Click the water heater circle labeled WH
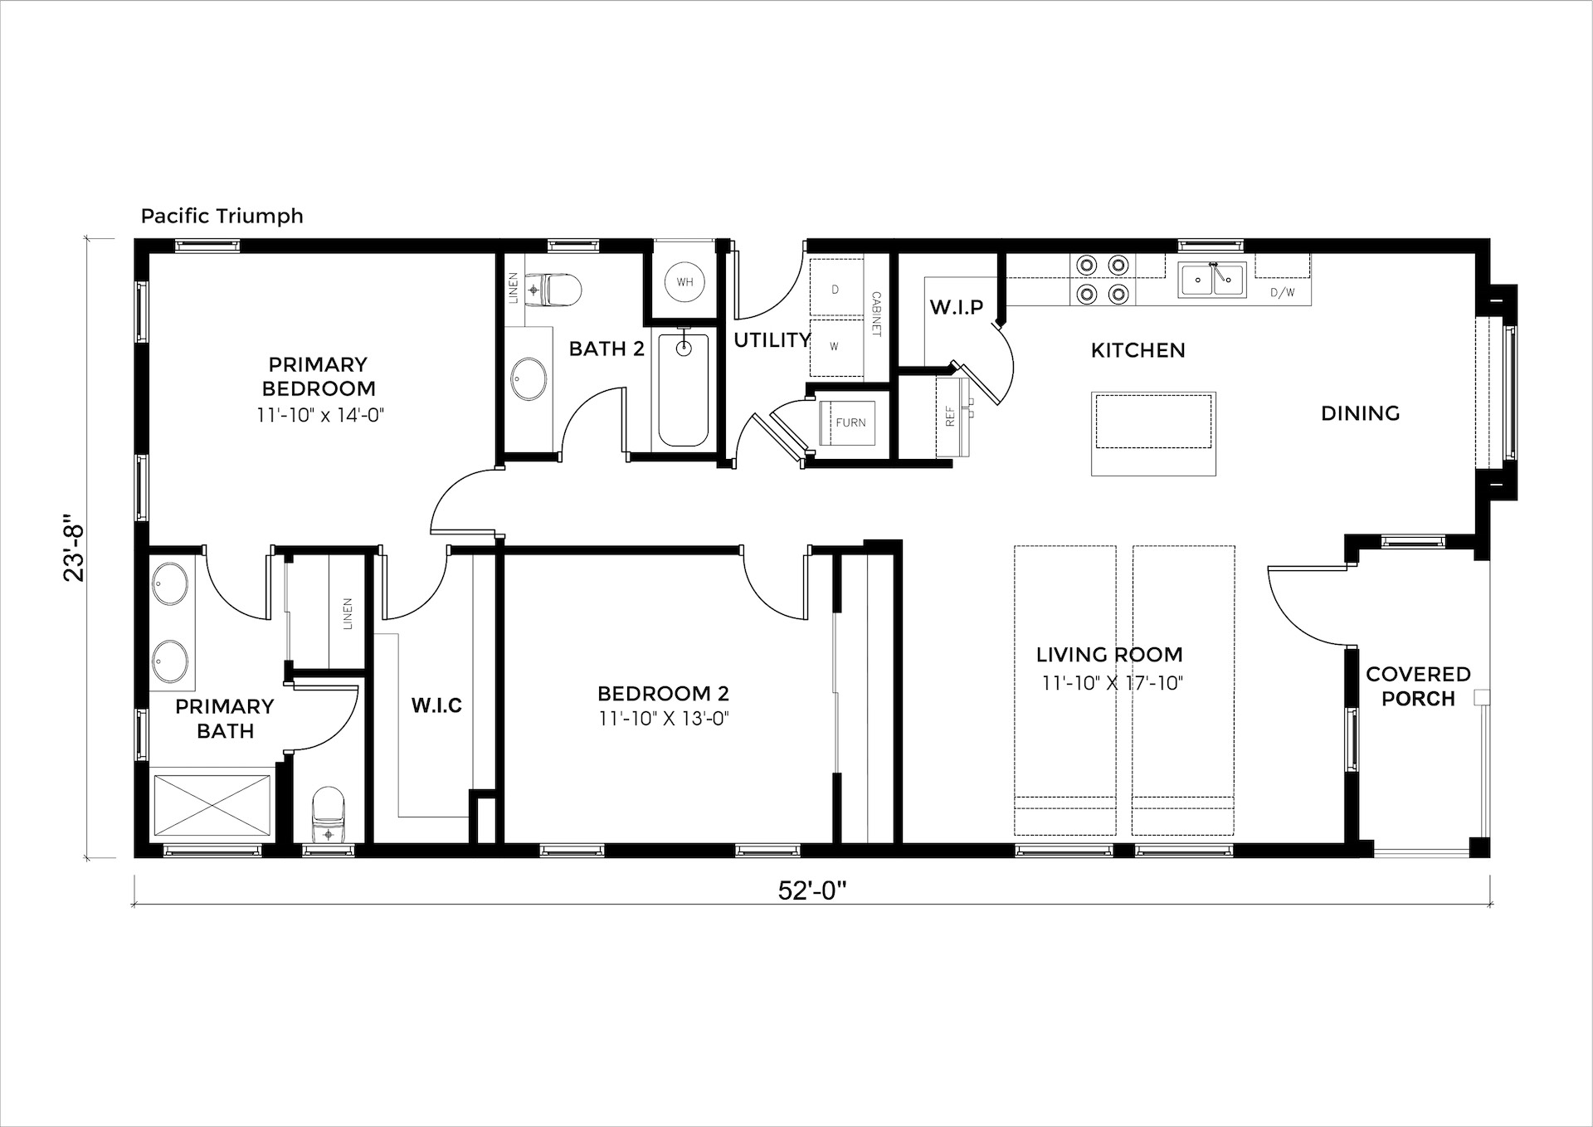(x=684, y=282)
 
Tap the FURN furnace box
(x=850, y=422)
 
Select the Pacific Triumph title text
(x=222, y=216)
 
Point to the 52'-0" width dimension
(x=811, y=890)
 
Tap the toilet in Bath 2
(x=556, y=290)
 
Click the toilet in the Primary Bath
(x=328, y=814)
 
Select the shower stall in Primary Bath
(x=212, y=806)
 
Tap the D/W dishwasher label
(x=1282, y=292)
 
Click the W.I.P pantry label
(x=957, y=307)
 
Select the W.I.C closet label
(x=436, y=705)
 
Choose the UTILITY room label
(x=772, y=339)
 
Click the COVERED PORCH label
(x=1418, y=686)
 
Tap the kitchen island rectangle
(x=1153, y=434)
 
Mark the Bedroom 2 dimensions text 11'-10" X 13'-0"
(x=663, y=719)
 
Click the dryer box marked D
(x=836, y=288)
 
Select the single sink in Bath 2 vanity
(x=528, y=378)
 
